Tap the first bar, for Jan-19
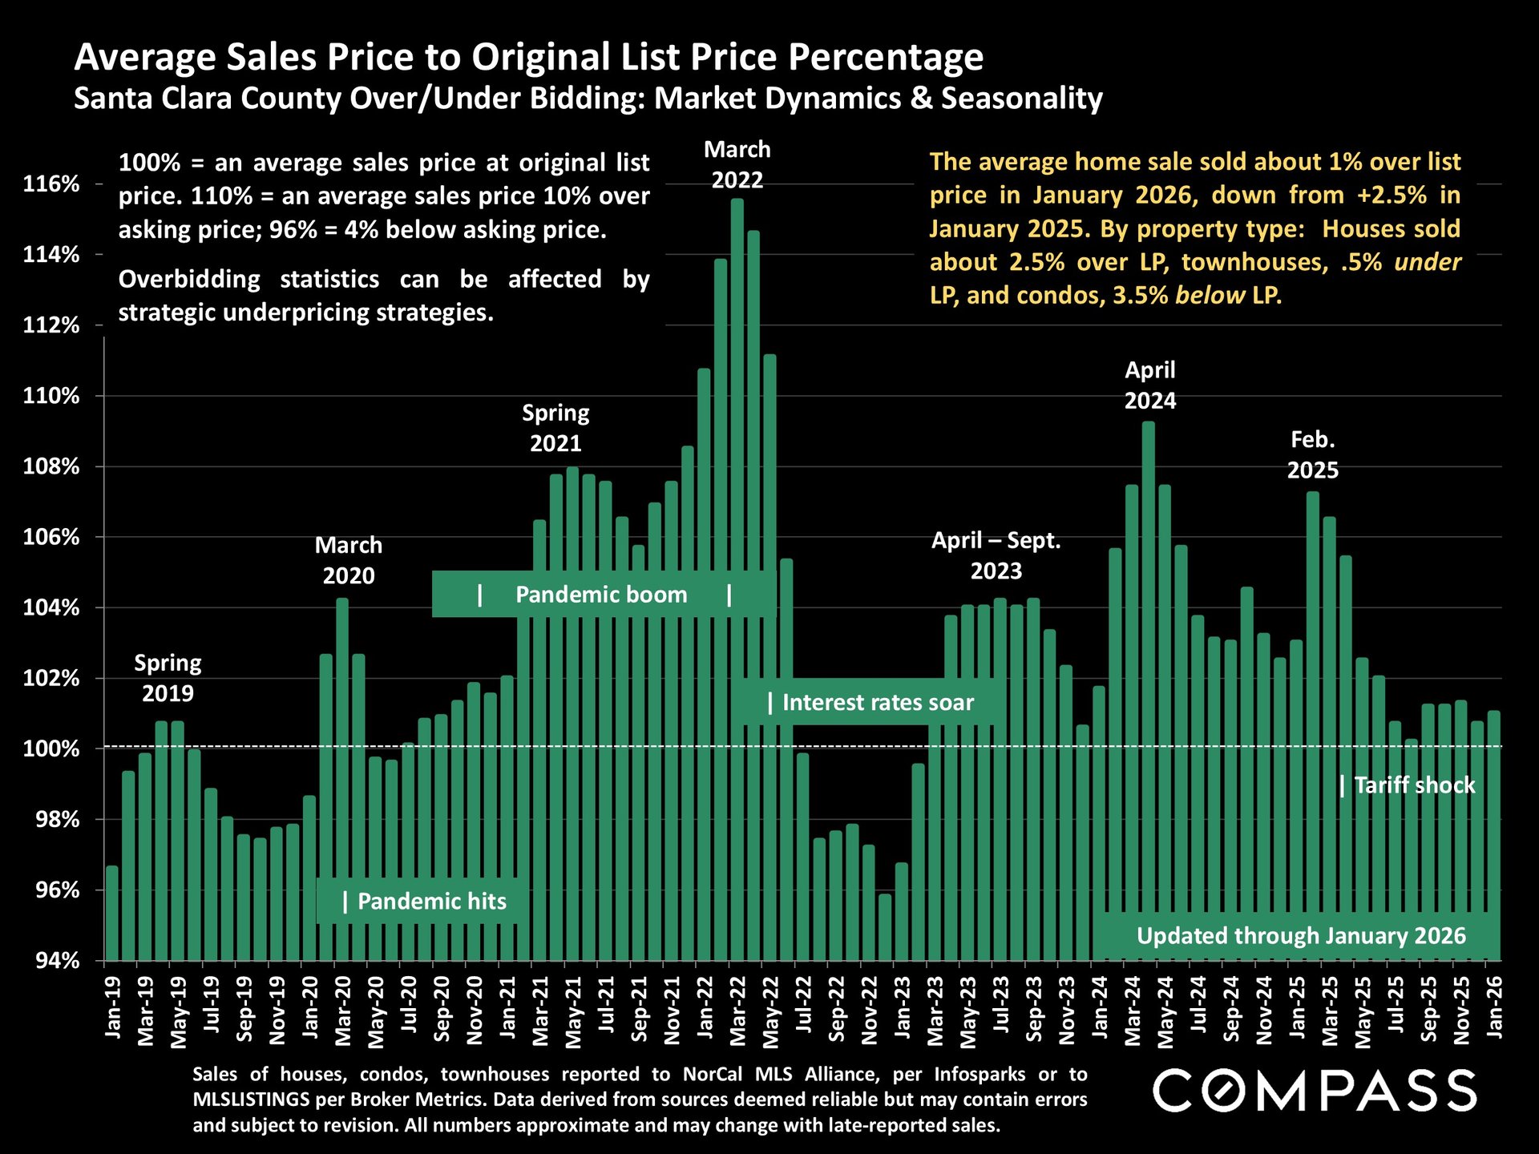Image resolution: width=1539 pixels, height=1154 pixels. click(112, 914)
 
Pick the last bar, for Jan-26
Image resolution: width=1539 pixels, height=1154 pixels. click(1494, 833)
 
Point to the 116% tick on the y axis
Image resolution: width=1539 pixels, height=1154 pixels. click(51, 184)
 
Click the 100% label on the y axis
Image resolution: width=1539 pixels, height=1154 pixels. click(51, 749)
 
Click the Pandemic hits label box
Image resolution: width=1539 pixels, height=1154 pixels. click(423, 902)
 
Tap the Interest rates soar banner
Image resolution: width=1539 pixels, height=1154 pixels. click(870, 703)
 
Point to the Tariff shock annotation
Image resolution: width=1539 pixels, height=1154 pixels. click(1408, 785)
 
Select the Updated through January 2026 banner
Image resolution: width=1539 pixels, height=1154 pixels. click(1300, 936)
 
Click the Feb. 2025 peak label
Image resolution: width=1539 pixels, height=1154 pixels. click(1312, 454)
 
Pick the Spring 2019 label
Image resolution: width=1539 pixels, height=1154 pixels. click(168, 678)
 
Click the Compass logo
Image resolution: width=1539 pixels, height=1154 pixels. click(1315, 1091)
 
